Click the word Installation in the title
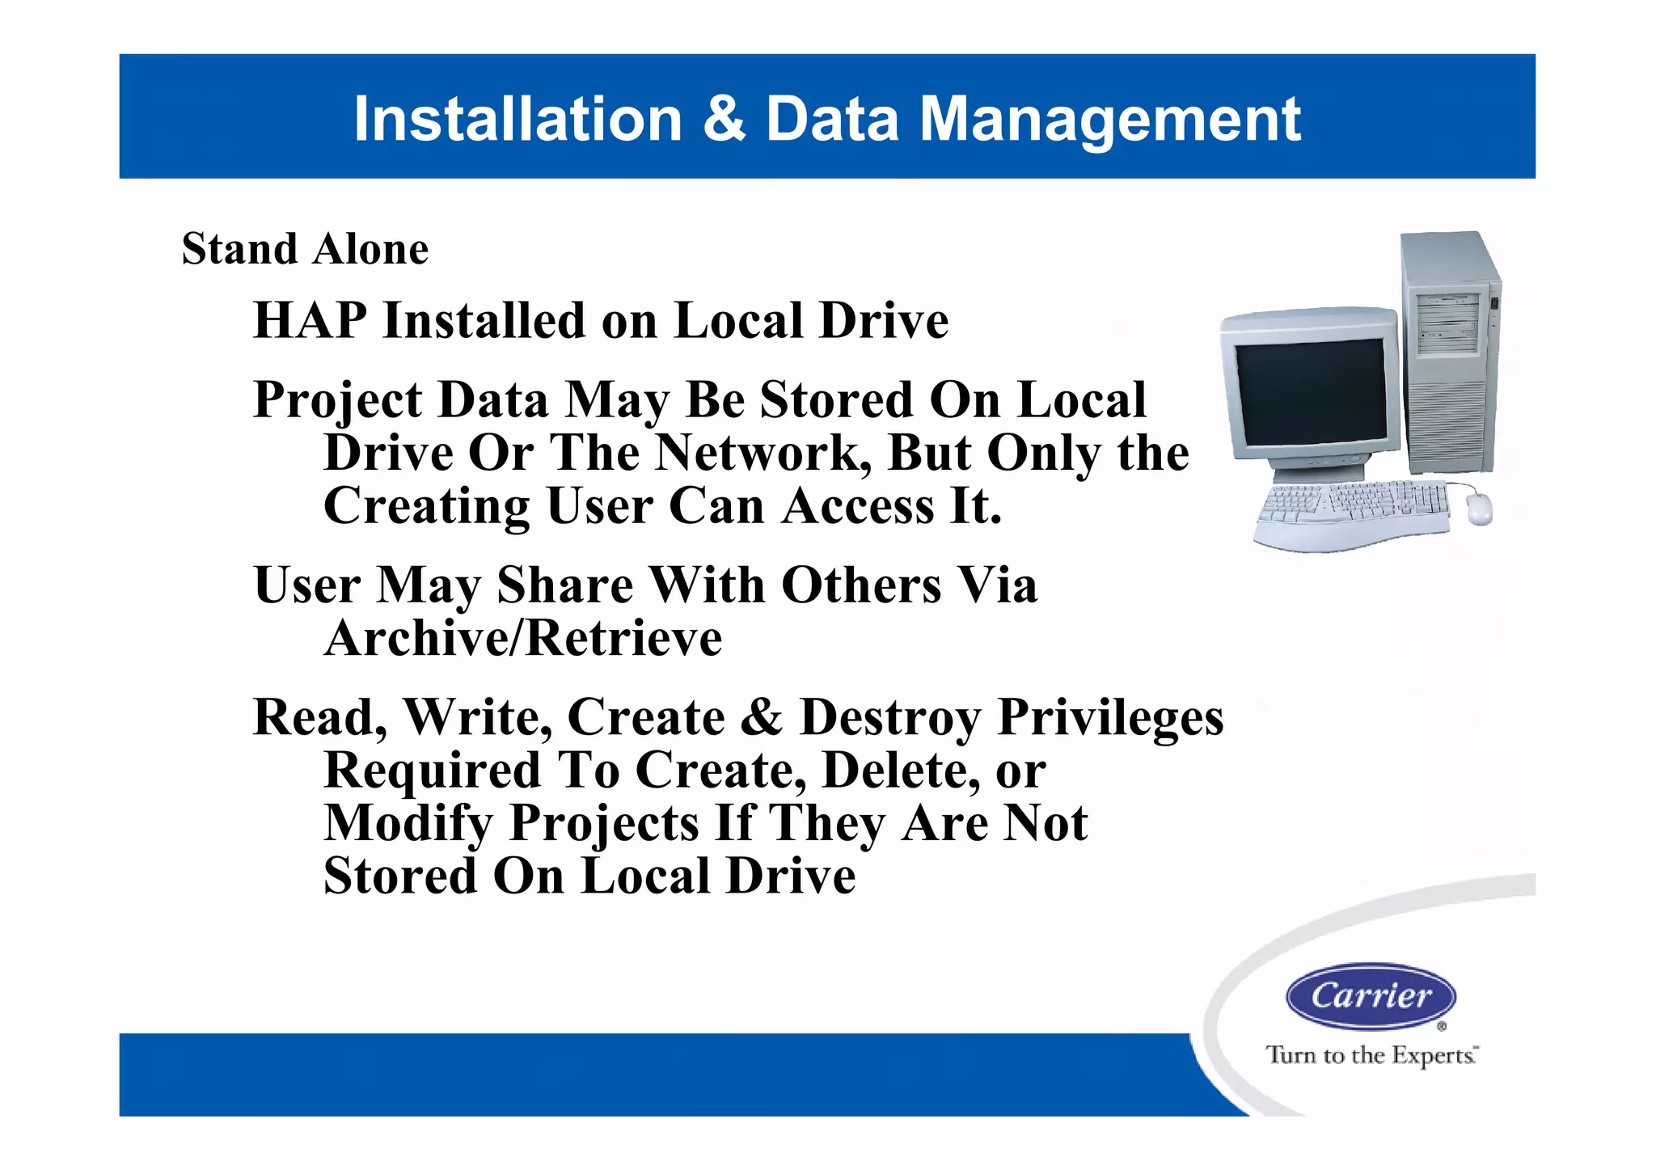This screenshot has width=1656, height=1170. click(518, 120)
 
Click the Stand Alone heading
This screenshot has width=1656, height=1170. click(305, 248)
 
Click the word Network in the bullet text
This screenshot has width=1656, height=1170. click(763, 453)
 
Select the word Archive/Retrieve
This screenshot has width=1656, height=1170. click(523, 639)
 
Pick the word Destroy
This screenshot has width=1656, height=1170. click(889, 718)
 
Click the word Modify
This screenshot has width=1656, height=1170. click(408, 824)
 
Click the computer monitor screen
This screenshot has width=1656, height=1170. click(1310, 391)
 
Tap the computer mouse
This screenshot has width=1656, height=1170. click(1479, 509)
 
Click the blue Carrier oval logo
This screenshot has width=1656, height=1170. click(1371, 995)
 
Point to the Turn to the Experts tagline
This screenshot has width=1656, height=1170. click(1371, 1055)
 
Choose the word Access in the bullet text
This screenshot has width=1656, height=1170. click(859, 506)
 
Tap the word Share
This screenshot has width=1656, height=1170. click(565, 585)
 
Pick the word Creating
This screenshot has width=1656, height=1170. click(426, 507)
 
